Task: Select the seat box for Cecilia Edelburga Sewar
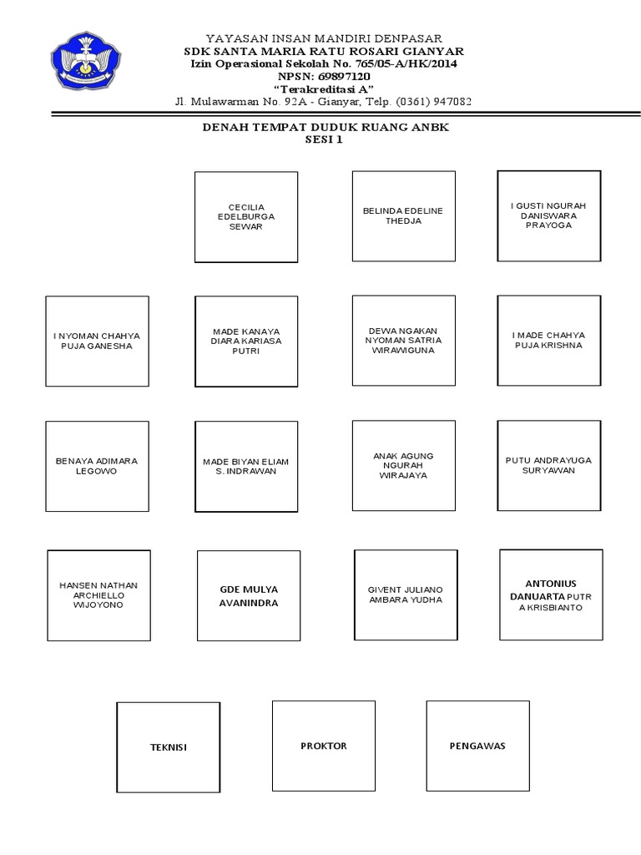coord(246,217)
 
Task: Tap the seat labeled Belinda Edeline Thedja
coord(404,216)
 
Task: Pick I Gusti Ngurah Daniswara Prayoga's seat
coord(548,215)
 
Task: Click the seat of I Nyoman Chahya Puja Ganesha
coord(97,341)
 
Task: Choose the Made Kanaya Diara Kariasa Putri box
coord(246,341)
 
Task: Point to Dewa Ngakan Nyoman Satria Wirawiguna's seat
coord(404,341)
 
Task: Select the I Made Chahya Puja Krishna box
coord(548,341)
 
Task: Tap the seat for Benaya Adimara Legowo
coord(97,466)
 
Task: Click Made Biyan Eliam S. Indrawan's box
coord(246,466)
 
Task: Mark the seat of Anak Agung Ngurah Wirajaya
coord(404,466)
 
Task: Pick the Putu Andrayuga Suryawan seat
coord(548,465)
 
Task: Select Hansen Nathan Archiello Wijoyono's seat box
coord(99,595)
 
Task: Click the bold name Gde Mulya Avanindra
coord(249,596)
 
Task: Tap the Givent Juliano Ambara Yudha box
coord(406,594)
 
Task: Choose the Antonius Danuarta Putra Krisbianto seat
coord(551,594)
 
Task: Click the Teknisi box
coord(168,746)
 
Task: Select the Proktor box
coord(324,745)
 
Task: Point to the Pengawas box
coord(477,745)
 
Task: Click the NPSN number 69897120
coord(346,76)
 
